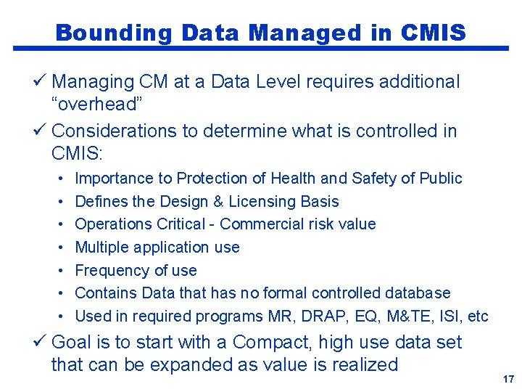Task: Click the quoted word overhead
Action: (96, 104)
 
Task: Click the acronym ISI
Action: (452, 317)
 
